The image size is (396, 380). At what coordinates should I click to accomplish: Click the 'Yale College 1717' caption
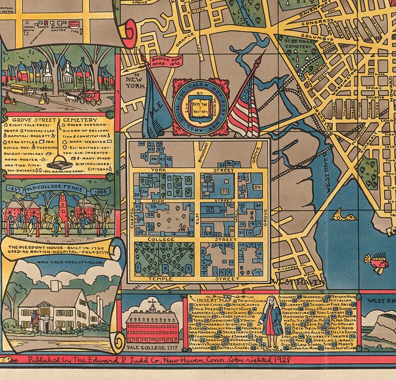tap(146, 348)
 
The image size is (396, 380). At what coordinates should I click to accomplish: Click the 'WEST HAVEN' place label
tap(298, 282)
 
